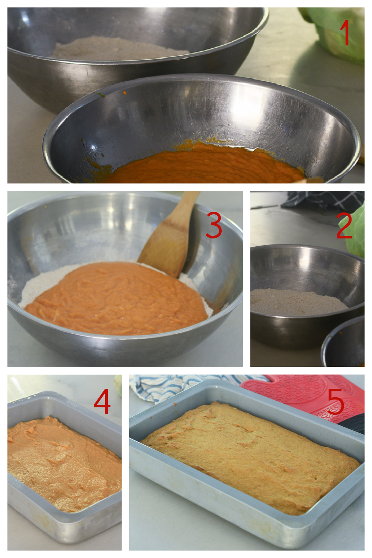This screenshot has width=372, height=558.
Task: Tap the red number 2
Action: (344, 225)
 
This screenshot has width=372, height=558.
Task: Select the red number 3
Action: (214, 225)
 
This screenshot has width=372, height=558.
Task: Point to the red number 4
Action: (102, 401)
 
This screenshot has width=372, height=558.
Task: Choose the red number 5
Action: (336, 402)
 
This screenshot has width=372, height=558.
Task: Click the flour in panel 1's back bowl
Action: (120, 49)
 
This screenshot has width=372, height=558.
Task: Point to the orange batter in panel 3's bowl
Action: (117, 298)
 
